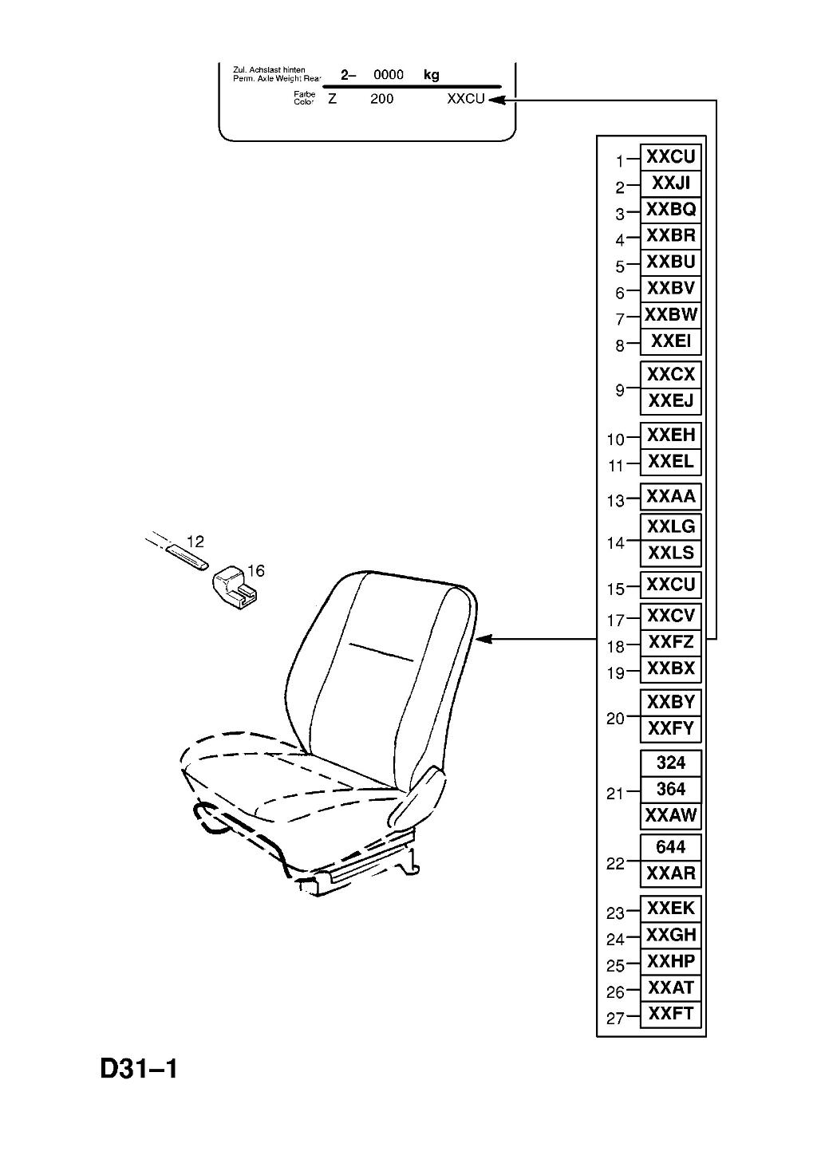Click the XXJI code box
pyautogui.click(x=670, y=183)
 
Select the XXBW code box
pyautogui.click(x=670, y=315)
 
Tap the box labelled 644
pyautogui.click(x=670, y=846)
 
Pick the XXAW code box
pyautogui.click(x=670, y=815)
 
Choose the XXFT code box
pyautogui.click(x=670, y=1013)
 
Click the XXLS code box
pyautogui.click(x=670, y=553)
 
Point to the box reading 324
pyautogui.click(x=670, y=763)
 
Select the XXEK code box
pyautogui.click(x=670, y=908)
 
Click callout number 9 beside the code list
pyautogui.click(x=619, y=390)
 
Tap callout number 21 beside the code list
pyautogui.click(x=615, y=794)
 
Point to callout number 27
pyautogui.click(x=615, y=1019)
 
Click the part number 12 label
pyautogui.click(x=195, y=542)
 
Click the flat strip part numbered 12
pyautogui.click(x=186, y=557)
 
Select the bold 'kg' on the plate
pyautogui.click(x=431, y=75)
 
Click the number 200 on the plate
pyautogui.click(x=381, y=99)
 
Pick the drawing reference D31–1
pyautogui.click(x=139, y=1068)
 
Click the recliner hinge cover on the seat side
pyautogui.click(x=416, y=795)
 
